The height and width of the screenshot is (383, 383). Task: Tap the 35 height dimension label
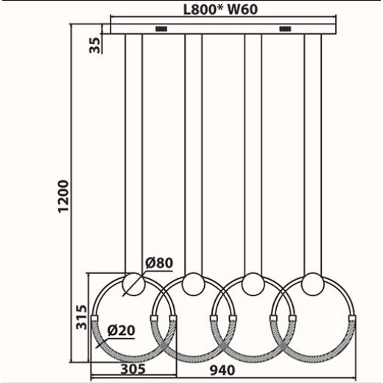94,43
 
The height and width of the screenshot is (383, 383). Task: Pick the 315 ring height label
82,315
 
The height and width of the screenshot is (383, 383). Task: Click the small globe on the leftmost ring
133,284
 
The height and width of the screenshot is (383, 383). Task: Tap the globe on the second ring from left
193,284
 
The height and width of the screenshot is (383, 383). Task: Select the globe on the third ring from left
253,284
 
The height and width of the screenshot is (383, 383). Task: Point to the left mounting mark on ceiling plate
161,29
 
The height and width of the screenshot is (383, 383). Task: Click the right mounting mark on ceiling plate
285,29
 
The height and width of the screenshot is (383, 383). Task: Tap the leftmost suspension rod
133,147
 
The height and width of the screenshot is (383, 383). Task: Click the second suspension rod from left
193,147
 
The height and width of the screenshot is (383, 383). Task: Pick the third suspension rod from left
253,147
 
